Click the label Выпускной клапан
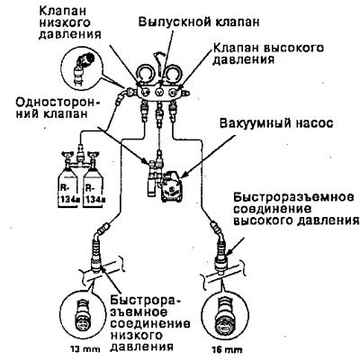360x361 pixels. [199, 23]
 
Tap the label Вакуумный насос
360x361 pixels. [276, 123]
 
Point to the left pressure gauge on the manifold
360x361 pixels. [146, 74]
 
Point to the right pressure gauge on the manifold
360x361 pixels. [173, 74]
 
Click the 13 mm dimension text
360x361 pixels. [85, 349]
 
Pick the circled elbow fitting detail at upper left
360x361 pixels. [82, 69]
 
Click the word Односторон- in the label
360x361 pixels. [58, 104]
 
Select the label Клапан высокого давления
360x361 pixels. [268, 53]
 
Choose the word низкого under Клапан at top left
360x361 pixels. [65, 23]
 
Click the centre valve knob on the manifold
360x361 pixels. [159, 92]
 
